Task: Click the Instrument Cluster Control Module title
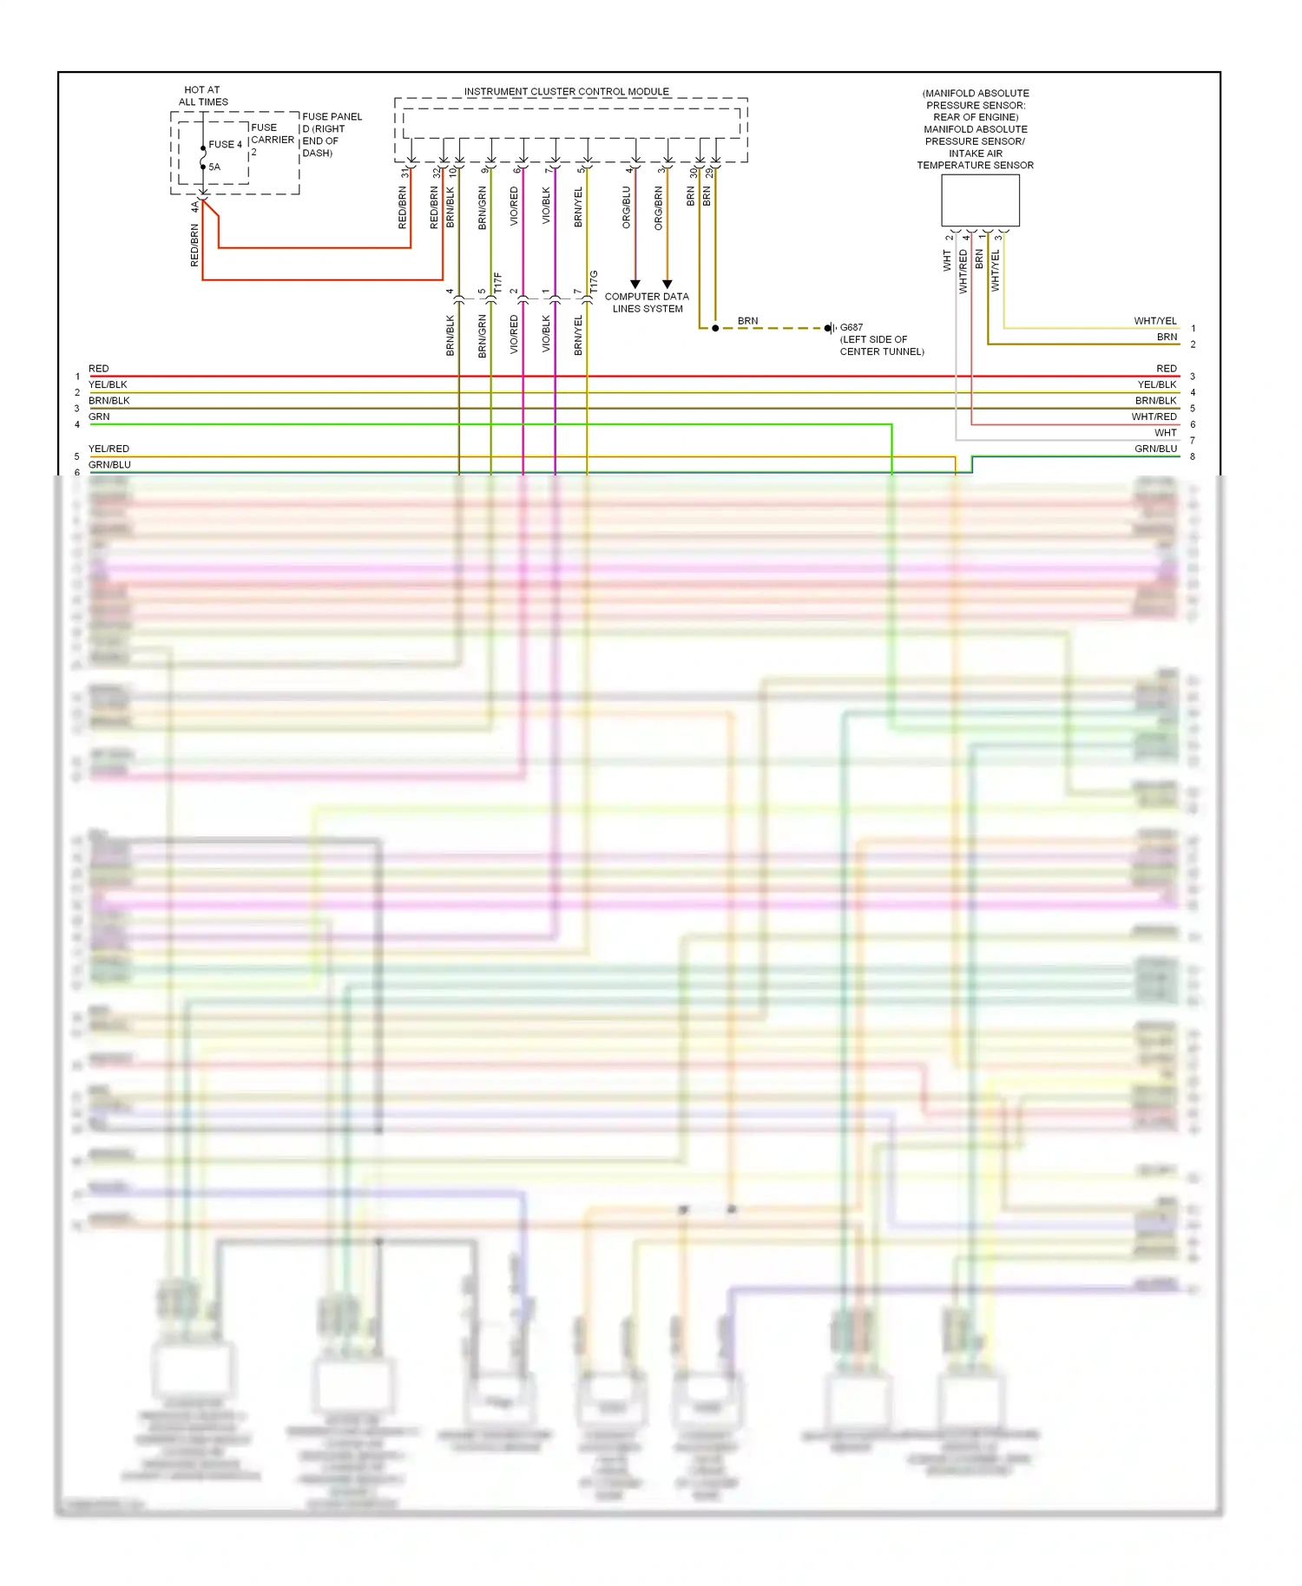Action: (566, 91)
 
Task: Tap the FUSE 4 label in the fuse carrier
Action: (226, 144)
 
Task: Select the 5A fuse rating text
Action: (214, 167)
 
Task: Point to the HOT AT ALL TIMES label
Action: (202, 95)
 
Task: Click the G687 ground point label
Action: (851, 328)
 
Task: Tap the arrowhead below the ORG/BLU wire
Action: (635, 284)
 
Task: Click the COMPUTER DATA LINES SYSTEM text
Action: (647, 302)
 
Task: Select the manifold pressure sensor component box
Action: (980, 200)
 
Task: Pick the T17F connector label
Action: (498, 282)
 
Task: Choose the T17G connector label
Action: (595, 280)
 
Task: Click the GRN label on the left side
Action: (99, 416)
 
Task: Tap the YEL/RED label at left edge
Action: (108, 449)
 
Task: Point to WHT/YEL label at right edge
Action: (1154, 321)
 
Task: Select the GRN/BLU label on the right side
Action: (1155, 449)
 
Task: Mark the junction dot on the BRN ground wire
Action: (715, 328)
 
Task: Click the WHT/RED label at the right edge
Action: (1154, 416)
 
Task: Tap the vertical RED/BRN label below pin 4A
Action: (194, 245)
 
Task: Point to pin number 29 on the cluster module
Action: (709, 173)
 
